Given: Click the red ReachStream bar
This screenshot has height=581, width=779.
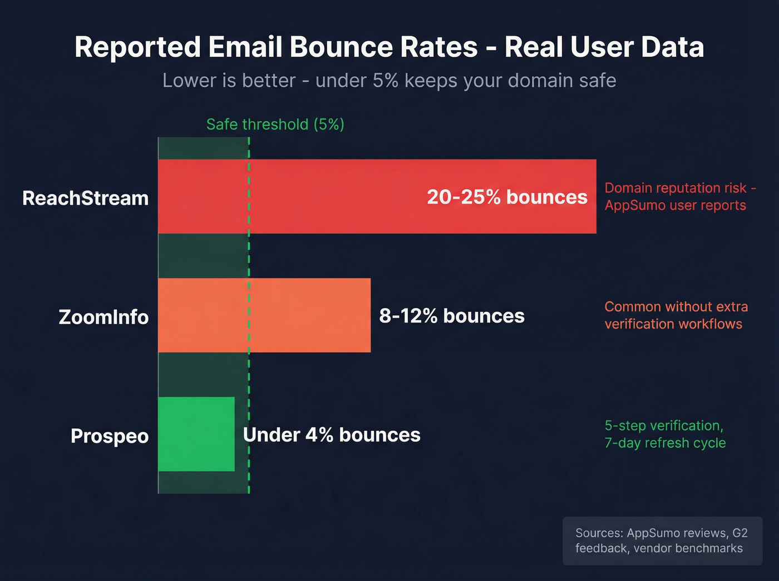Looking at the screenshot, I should pyautogui.click(x=334, y=196).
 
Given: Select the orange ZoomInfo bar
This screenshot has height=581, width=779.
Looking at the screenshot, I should pyautogui.click(x=264, y=315).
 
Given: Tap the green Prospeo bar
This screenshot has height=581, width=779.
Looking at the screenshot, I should pyautogui.click(x=196, y=434).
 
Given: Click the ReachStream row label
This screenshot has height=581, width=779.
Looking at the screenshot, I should pyautogui.click(x=85, y=198).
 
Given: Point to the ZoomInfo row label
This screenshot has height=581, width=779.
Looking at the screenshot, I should pyautogui.click(x=103, y=317).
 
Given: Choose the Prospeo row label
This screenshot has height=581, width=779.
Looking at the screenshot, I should pyautogui.click(x=110, y=436).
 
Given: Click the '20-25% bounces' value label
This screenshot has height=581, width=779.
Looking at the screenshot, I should pyautogui.click(x=507, y=197).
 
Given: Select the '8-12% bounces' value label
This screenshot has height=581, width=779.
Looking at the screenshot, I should pyautogui.click(x=451, y=316).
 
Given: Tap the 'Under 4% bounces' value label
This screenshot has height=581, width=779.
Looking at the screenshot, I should pyautogui.click(x=332, y=435).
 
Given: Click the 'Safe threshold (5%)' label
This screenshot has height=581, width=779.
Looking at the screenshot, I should pyautogui.click(x=275, y=124).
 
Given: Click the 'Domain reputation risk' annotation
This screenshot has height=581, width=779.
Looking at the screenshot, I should pyautogui.click(x=679, y=196).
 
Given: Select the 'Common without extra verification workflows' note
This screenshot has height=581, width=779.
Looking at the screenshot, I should pyautogui.click(x=676, y=315).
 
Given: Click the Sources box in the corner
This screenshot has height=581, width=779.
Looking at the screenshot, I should pyautogui.click(x=662, y=540).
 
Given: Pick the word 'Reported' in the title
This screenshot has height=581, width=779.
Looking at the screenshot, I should pyautogui.click(x=137, y=47).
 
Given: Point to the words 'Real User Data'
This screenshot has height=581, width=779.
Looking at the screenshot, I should pyautogui.click(x=604, y=47).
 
